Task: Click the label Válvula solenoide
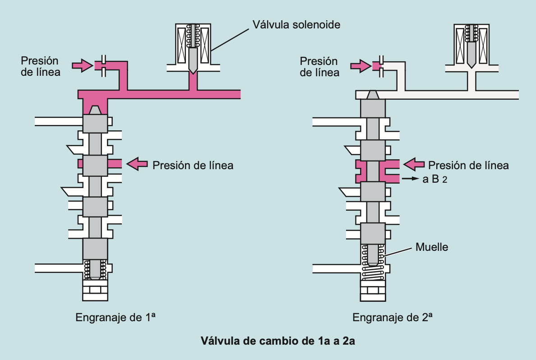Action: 296,24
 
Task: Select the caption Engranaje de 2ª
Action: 393,317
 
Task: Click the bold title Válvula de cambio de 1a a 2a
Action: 278,341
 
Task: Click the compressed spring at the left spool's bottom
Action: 95,270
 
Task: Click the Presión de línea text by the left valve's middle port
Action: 193,165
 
